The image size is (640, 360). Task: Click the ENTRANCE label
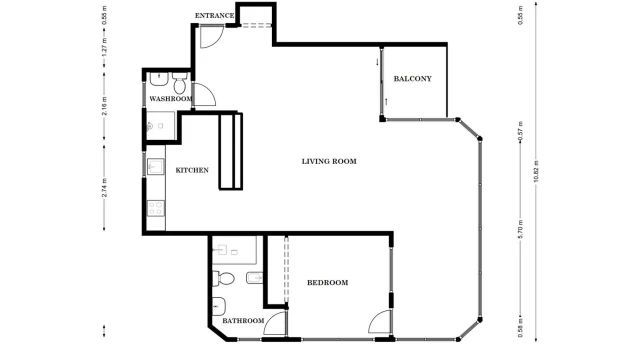coord(214,16)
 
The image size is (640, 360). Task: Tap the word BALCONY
coord(412,79)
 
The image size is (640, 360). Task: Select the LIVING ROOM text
coord(329,161)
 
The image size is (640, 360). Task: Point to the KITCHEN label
coord(192,170)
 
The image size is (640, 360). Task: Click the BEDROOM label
coord(327,282)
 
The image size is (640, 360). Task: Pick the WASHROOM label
coord(171,99)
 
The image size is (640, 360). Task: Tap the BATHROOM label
coord(243,321)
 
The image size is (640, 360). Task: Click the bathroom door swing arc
coord(270,317)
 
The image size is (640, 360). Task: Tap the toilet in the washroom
coord(180,83)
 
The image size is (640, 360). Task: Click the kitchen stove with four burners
coord(156,208)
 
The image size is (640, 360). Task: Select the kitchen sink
coord(156,167)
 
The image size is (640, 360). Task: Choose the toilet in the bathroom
coord(223,279)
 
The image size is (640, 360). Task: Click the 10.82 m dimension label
coord(536,171)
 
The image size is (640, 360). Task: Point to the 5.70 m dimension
coord(520,229)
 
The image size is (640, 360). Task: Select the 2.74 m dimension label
coord(104,188)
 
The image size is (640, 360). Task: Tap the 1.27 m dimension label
coord(104,47)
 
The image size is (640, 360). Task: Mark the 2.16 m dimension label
coord(104,106)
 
